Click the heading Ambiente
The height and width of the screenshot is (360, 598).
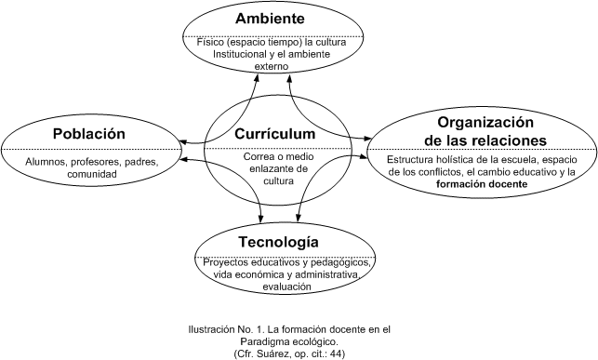(270, 19)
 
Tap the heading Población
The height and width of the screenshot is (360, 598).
(89, 133)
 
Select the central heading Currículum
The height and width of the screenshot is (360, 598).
(274, 134)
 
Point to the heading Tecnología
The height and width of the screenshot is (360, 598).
(278, 242)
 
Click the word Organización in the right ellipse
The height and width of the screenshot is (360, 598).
(485, 123)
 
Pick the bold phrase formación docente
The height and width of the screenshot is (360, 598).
(482, 184)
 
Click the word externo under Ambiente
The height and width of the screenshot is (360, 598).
(272, 66)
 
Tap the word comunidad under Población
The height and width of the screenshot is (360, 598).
(92, 174)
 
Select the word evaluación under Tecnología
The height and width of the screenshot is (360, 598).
(286, 287)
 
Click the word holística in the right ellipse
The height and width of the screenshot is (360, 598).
(454, 159)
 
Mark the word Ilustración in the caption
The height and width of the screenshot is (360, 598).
(208, 329)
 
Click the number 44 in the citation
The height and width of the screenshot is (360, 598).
(336, 353)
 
